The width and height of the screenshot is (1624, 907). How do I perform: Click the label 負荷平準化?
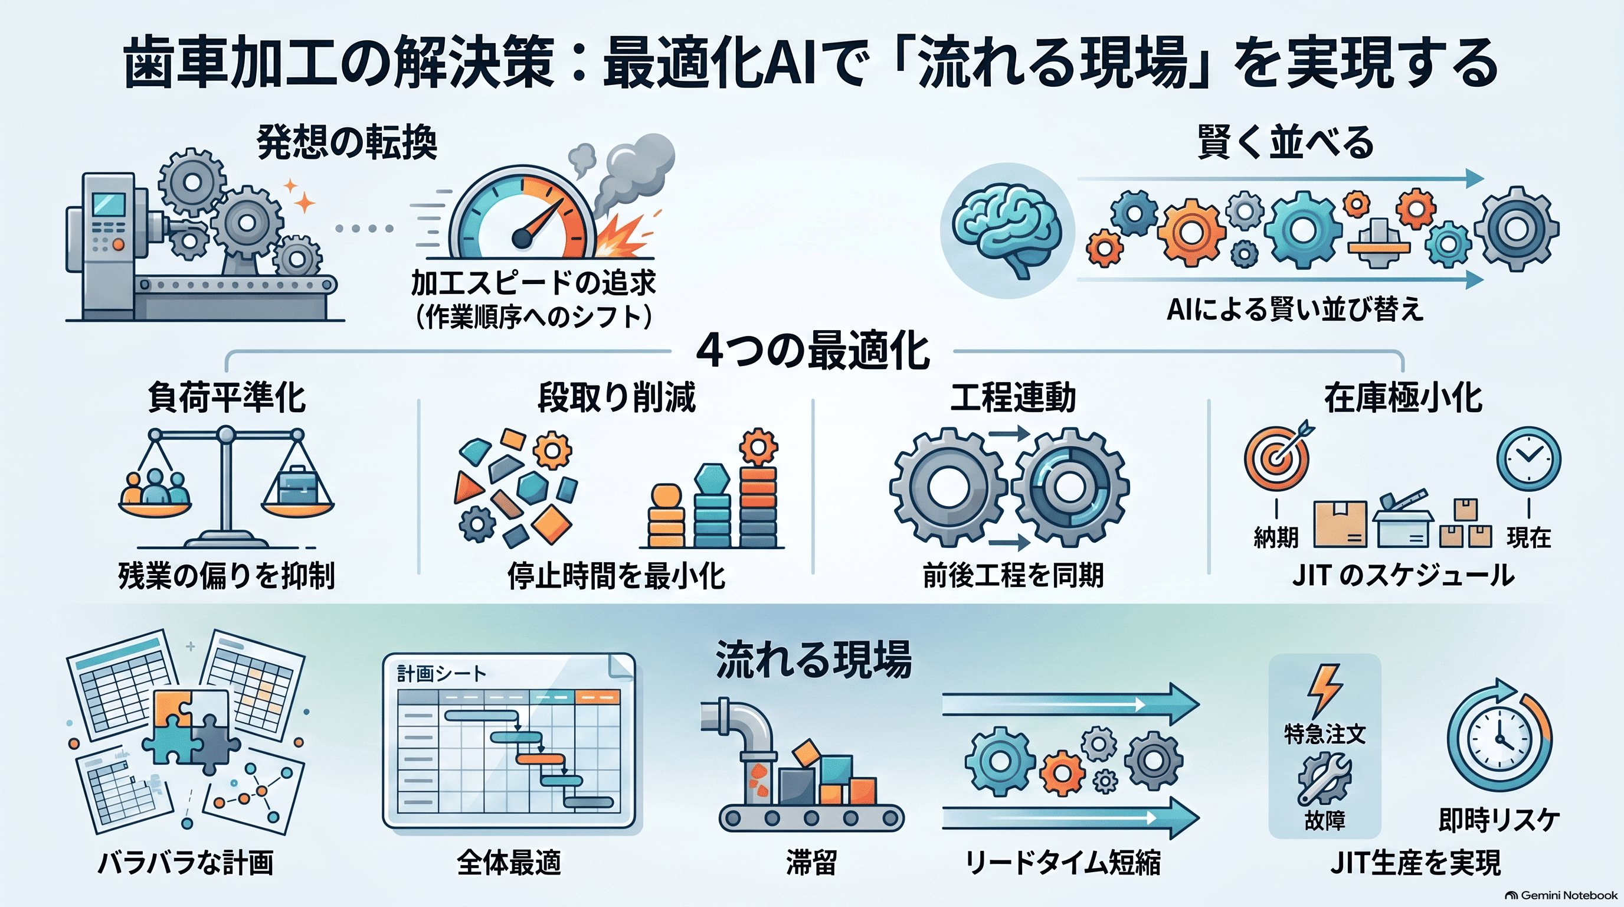pyautogui.click(x=227, y=398)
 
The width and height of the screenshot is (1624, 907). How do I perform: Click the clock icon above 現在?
pyautogui.click(x=1528, y=459)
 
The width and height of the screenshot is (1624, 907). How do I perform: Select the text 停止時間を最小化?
pyautogui.click(x=617, y=575)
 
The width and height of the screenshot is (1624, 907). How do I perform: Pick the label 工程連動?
pyautogui.click(x=1013, y=398)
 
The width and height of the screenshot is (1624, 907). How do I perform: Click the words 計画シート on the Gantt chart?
pyautogui.click(x=442, y=674)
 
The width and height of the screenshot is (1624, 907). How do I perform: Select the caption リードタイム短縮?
pyautogui.click(x=1063, y=863)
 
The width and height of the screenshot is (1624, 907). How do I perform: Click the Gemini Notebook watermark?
pyautogui.click(x=1561, y=895)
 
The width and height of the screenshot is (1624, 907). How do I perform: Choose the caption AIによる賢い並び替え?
pyautogui.click(x=1295, y=309)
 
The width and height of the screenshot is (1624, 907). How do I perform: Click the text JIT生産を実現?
pyautogui.click(x=1416, y=863)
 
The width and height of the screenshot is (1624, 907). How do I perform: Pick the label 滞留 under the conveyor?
pyautogui.click(x=811, y=863)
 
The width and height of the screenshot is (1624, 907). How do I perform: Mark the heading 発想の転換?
pyautogui.click(x=347, y=142)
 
